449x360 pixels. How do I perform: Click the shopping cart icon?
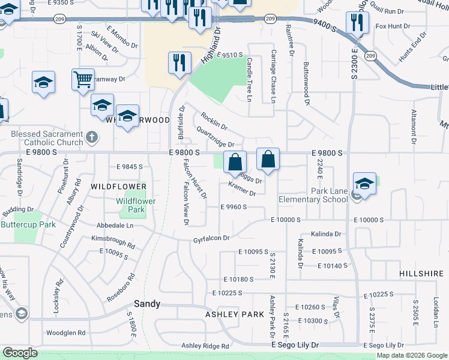point(83,79)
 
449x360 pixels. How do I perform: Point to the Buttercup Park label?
point(28,224)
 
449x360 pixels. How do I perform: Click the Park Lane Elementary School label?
point(313,195)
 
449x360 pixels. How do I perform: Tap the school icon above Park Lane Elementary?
point(364,184)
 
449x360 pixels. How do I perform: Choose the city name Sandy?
point(147,304)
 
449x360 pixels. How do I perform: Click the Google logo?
point(20,353)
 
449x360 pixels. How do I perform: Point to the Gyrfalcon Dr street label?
point(211,239)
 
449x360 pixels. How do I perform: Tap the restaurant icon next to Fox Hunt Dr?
point(355,23)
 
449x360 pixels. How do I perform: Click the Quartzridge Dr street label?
point(215,137)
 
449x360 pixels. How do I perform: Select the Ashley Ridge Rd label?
point(206,346)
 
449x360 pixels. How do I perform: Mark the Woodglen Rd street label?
point(66,332)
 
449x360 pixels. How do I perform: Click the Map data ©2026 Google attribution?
point(412,355)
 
